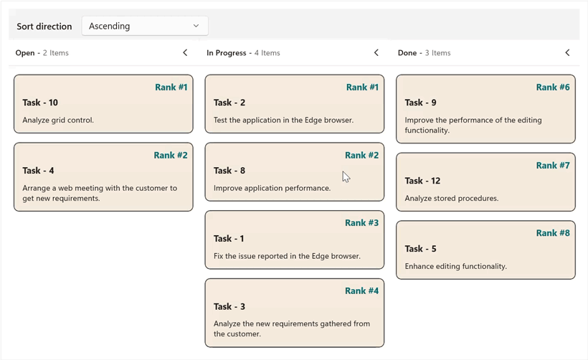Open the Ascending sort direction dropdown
[145, 26]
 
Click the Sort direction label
[44, 27]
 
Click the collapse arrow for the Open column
[185, 52]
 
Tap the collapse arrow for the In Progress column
[376, 52]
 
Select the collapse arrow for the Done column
[567, 52]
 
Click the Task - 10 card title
[40, 103]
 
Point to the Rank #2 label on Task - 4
[171, 155]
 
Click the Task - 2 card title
[229, 103]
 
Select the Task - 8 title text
[229, 171]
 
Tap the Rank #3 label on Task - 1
[361, 223]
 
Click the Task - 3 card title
[229, 306]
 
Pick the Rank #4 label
[361, 290]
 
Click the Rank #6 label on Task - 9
[553, 87]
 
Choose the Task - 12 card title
[422, 181]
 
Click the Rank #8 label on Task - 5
[553, 233]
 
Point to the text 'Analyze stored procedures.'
[451, 198]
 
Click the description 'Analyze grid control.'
[58, 120]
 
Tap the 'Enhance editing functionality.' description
[455, 266]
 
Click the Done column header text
[407, 53]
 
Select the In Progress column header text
[226, 53]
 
